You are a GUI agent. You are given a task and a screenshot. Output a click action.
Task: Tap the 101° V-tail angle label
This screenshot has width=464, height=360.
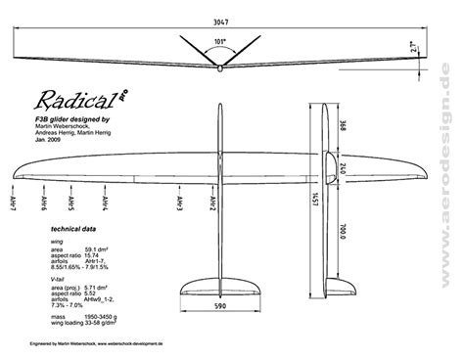coord(220,41)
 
